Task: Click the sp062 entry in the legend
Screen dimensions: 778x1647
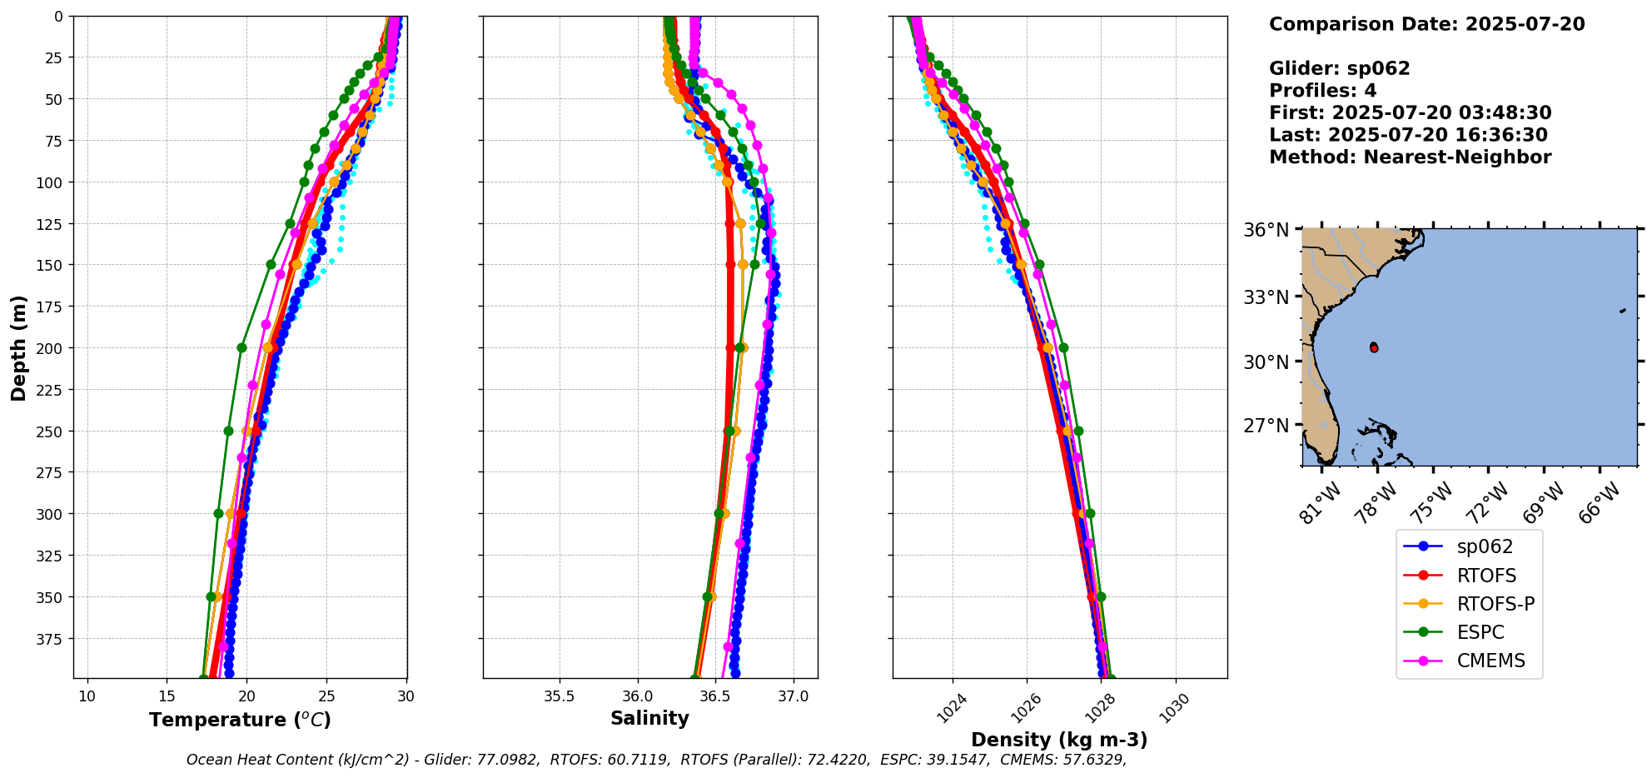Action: click(x=1484, y=547)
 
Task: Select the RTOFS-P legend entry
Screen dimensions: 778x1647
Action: click(x=1495, y=604)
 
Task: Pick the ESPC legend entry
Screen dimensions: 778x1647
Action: click(x=1480, y=632)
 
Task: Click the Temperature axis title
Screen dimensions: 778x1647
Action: click(x=240, y=720)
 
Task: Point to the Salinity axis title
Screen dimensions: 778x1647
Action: click(x=649, y=718)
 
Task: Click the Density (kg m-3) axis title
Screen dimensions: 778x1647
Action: click(x=1059, y=740)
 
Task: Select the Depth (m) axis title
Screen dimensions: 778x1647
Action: click(x=18, y=347)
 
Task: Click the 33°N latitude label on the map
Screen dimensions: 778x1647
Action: click(x=1266, y=297)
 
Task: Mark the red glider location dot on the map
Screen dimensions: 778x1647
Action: click(x=1374, y=348)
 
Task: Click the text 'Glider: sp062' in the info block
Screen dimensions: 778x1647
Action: click(x=1339, y=68)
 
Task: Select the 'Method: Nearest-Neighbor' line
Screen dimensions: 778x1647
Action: click(x=1410, y=157)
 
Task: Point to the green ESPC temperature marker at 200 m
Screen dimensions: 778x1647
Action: click(x=241, y=348)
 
